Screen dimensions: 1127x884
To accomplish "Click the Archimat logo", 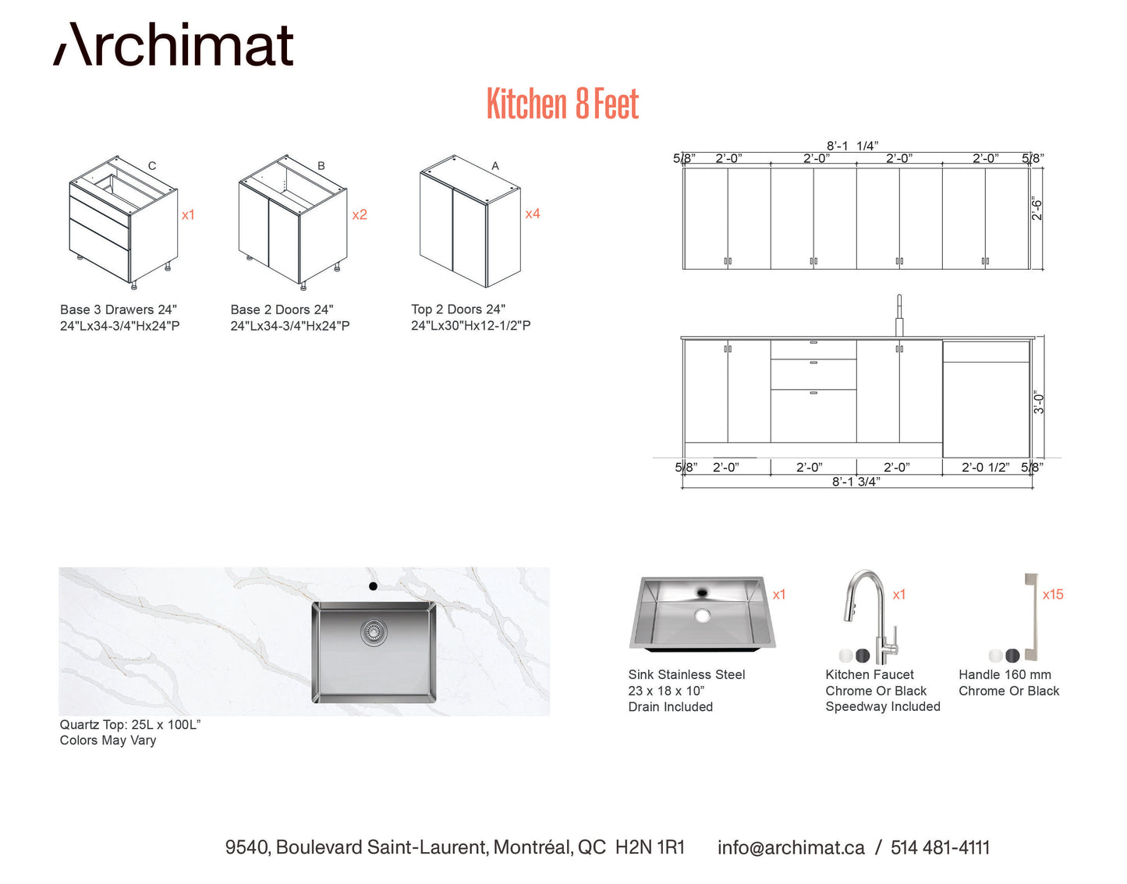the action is tap(173, 44).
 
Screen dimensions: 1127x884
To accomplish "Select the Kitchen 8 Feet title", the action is tap(563, 104).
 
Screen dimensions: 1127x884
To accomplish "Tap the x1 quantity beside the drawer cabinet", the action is tap(188, 215).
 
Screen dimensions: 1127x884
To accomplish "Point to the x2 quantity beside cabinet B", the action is tap(360, 215).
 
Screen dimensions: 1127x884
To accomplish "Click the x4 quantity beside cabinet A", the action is tap(533, 214).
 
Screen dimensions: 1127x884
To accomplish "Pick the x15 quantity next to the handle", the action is tap(1053, 594).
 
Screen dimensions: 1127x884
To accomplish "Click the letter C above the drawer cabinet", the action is tap(152, 166).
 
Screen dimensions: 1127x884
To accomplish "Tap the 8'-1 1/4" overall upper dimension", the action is tap(852, 146).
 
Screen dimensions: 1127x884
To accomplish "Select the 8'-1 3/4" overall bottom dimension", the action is tap(856, 482).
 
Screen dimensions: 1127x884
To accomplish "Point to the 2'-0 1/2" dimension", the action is tap(985, 468).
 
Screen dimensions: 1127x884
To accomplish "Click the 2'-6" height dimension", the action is tap(1037, 208).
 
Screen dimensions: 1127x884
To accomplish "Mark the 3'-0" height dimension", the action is tap(1038, 402).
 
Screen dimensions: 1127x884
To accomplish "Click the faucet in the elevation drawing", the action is tap(899, 316).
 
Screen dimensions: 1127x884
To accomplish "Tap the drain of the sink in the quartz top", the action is tap(374, 631).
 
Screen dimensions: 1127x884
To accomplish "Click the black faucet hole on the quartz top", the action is tap(373, 586).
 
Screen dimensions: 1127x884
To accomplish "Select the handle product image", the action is tap(1030, 617).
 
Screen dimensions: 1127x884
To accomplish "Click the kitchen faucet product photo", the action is tap(871, 617).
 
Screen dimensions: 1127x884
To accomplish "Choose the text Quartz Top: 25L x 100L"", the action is tap(130, 724).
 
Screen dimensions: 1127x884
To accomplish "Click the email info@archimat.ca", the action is tap(791, 847).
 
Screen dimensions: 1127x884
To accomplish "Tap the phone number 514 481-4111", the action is tap(941, 847).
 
